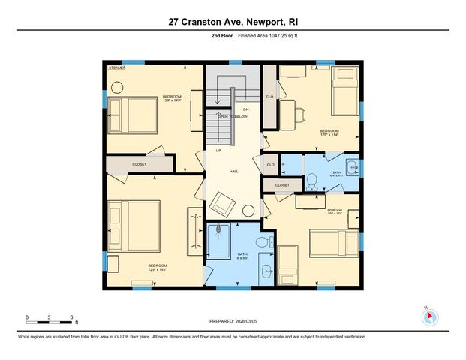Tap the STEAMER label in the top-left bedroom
click(116, 67)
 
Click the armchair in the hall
click(223, 201)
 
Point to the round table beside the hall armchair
click(249, 212)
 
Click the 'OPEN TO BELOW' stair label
click(233, 117)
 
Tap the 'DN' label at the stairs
click(245, 109)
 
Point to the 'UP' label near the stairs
click(218, 150)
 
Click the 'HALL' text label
click(233, 171)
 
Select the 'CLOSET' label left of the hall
click(140, 163)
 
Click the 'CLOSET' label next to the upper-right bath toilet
click(282, 184)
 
